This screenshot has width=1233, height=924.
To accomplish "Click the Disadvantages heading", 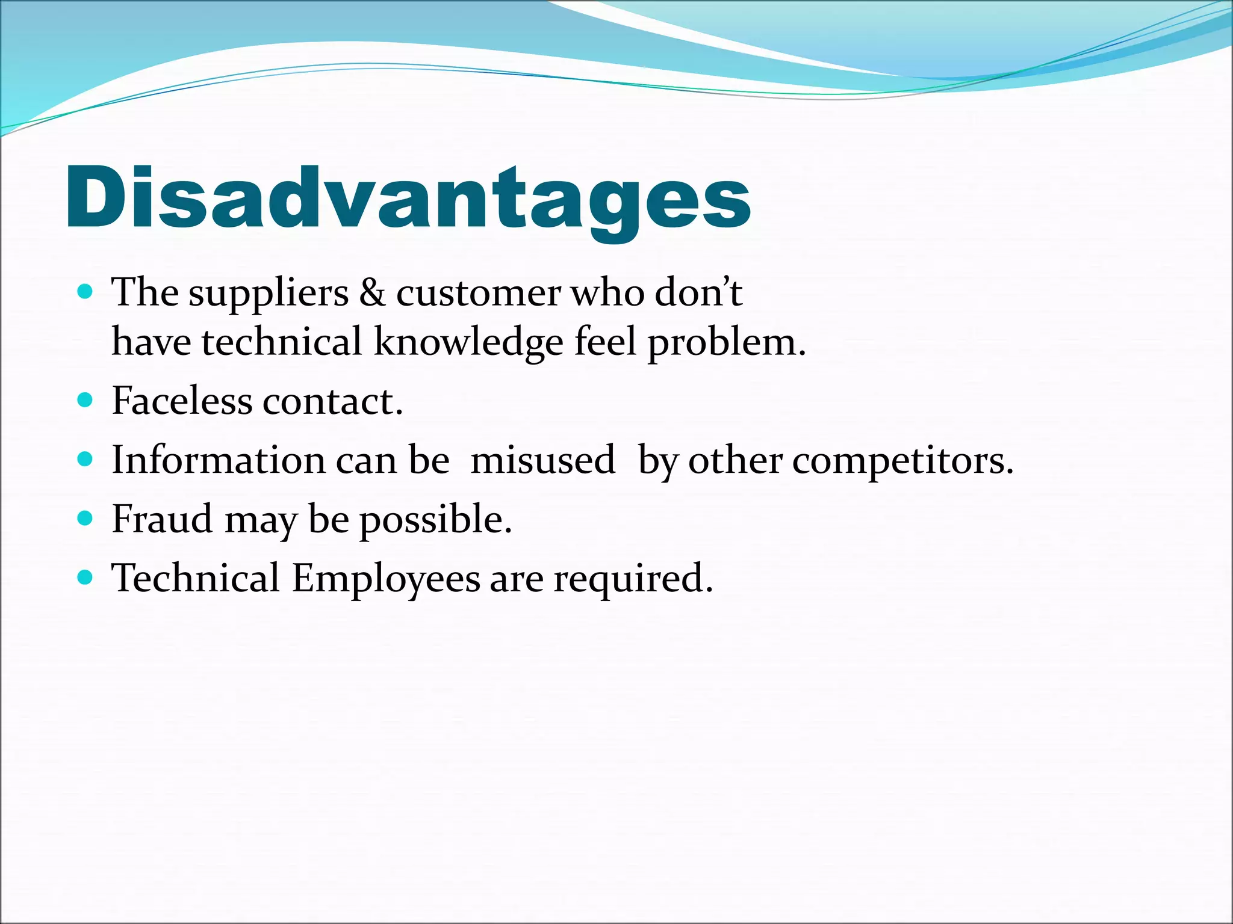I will [408, 199].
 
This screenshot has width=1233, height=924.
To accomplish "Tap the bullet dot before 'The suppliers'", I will [85, 292].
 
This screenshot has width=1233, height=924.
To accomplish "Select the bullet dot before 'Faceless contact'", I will [85, 400].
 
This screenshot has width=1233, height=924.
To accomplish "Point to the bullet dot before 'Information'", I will [85, 460].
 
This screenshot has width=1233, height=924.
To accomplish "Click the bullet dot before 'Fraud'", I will [85, 518].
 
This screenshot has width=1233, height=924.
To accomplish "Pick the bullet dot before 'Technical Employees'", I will [85, 577].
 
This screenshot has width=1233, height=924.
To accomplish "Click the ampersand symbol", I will [372, 293].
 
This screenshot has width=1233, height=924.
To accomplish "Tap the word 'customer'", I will [478, 294].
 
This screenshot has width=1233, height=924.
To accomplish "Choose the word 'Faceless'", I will [182, 401].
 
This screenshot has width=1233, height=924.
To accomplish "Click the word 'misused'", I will [542, 460].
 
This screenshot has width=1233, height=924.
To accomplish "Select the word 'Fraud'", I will [162, 519].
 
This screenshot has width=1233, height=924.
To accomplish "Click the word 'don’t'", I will [698, 293].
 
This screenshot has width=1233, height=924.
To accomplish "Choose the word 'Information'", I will [219, 460].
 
